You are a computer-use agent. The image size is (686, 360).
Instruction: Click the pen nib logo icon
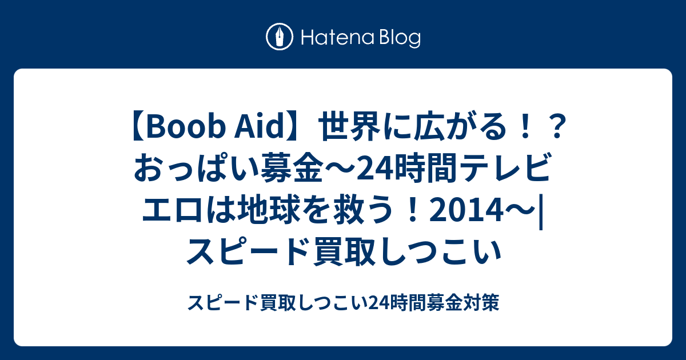pos(280,37)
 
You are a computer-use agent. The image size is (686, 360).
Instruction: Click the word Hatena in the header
pos(338,38)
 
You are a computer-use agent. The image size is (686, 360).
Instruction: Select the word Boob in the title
pos(184,127)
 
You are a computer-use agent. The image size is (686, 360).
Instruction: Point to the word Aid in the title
pos(260,126)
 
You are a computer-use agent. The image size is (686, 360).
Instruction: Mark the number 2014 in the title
pos(466,211)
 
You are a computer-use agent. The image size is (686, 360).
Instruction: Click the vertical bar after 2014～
pos(541,212)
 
